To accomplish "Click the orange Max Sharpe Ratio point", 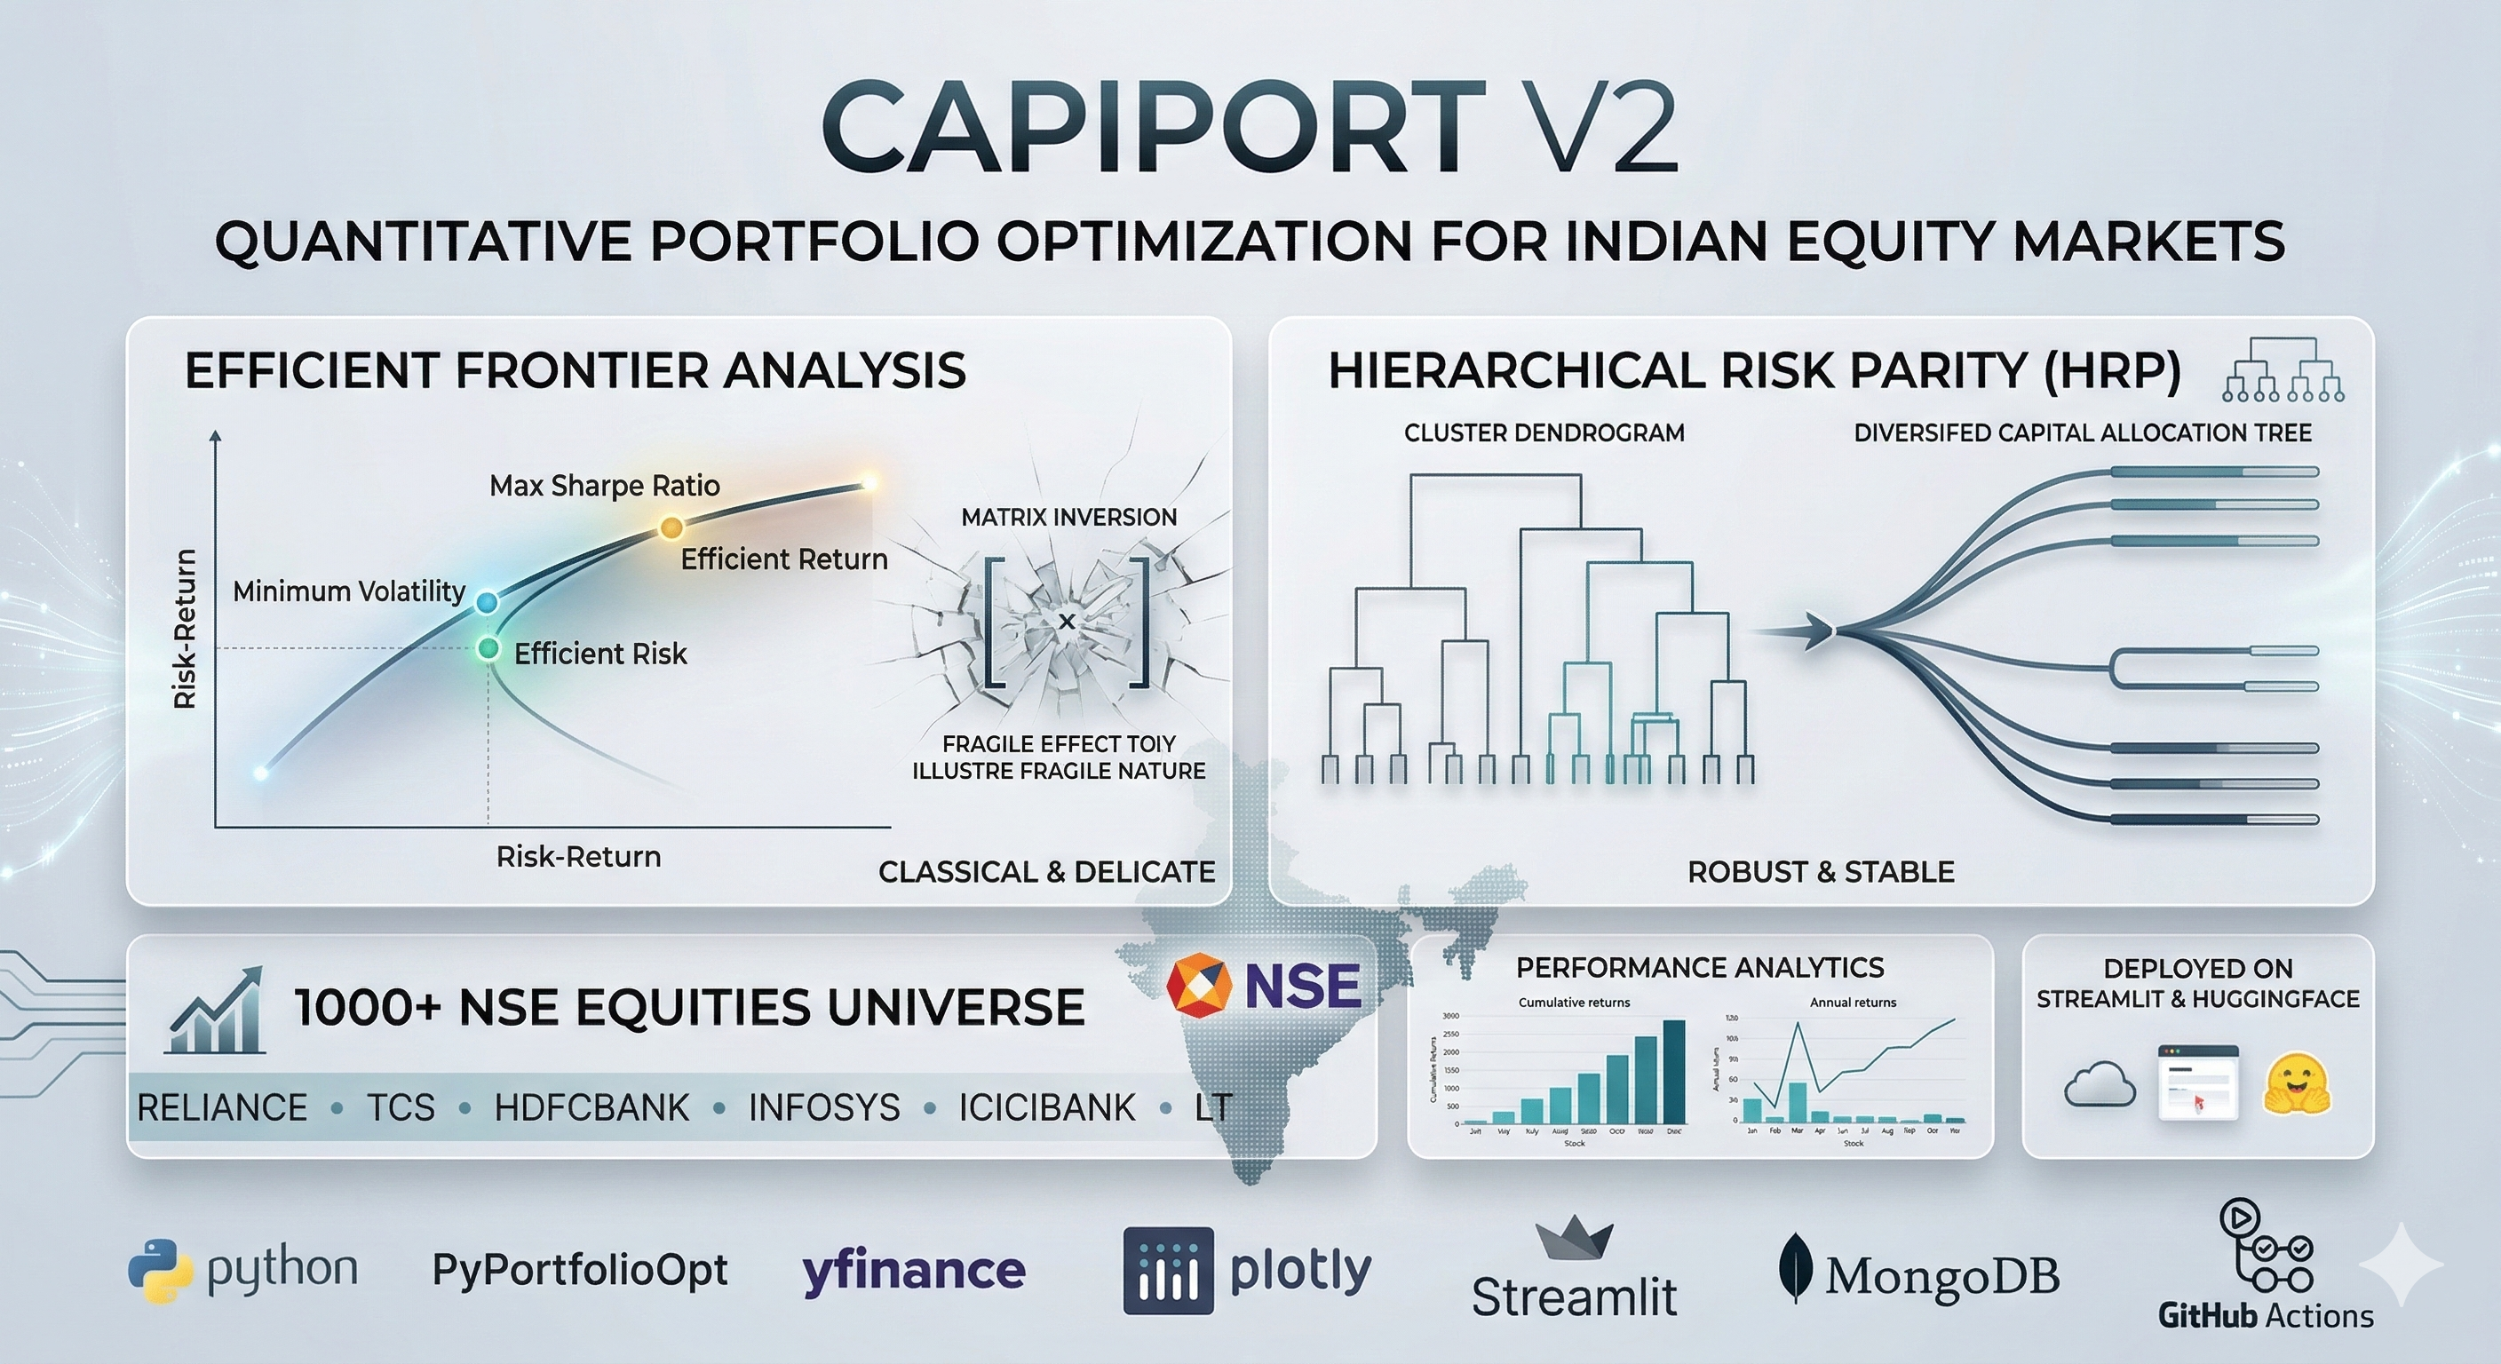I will click(x=671, y=527).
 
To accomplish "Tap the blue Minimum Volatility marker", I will click(x=487, y=602).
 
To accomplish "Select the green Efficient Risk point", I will click(x=488, y=648).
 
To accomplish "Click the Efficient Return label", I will click(x=783, y=559).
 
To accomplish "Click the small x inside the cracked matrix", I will click(x=1066, y=622).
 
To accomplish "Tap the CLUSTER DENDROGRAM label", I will click(x=1544, y=433).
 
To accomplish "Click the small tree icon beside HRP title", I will click(x=2283, y=370).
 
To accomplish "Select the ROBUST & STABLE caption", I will click(x=1821, y=872).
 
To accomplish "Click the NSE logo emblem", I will click(x=1198, y=986).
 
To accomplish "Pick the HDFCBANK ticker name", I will click(x=592, y=1107).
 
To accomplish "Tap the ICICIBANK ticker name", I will click(x=1046, y=1107).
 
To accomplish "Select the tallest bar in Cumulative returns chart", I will click(x=1675, y=1071).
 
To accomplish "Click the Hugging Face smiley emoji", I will click(x=2296, y=1084).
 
